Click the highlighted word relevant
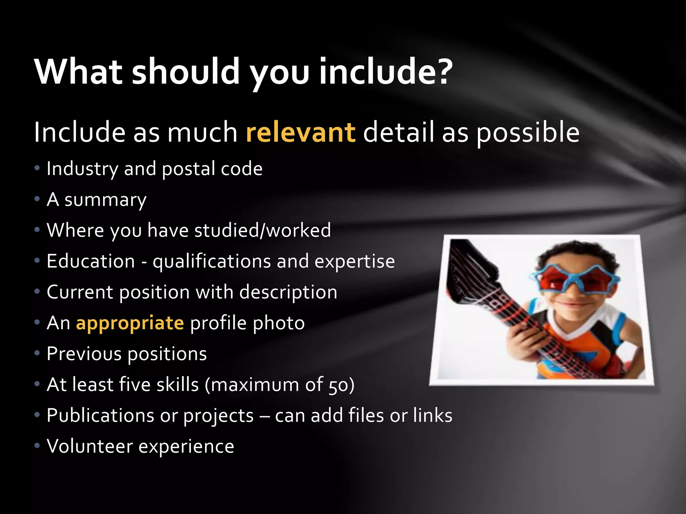coord(300,133)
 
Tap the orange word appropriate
coord(130,323)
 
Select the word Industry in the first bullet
coord(82,168)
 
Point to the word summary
coord(105,200)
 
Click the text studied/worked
coord(262,230)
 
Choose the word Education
coord(90,261)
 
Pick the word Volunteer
coord(90,446)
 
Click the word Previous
coord(84,354)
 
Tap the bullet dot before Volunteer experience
coord(37,446)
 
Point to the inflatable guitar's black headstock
coord(469,264)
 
